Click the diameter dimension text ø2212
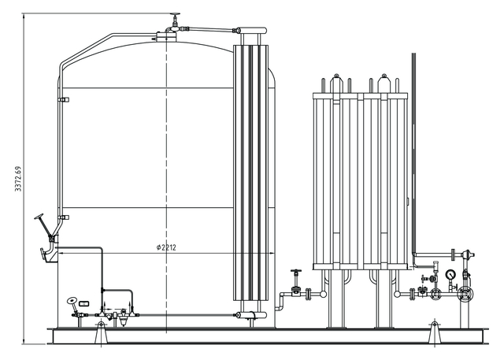[166, 247]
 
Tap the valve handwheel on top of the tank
[174, 17]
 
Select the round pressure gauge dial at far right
[450, 275]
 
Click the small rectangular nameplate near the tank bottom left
[84, 303]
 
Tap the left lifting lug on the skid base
[100, 332]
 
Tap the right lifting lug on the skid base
[432, 332]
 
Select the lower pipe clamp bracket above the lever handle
[63, 217]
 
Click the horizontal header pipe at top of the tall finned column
[251, 31]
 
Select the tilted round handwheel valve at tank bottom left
[73, 300]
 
